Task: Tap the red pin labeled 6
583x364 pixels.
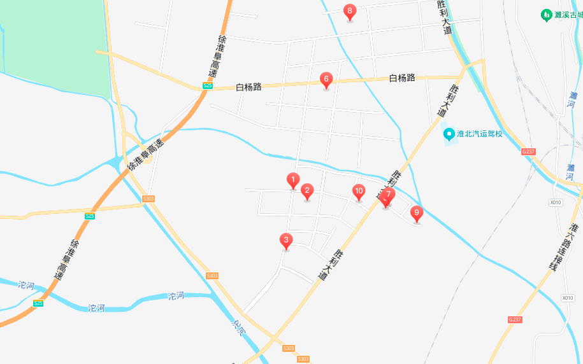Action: (326, 80)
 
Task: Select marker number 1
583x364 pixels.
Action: (293, 180)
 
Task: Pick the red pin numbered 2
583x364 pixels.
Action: (306, 190)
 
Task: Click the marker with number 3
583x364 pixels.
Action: (286, 241)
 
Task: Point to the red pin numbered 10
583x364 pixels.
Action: (359, 191)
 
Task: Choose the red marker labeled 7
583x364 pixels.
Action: (389, 194)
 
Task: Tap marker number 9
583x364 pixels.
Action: (417, 213)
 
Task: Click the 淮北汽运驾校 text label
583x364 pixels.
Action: (480, 134)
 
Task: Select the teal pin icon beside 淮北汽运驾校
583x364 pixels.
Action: (449, 134)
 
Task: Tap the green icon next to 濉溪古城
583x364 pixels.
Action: (545, 14)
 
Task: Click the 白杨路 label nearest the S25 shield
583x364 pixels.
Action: (248, 87)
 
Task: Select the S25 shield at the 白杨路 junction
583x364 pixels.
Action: (207, 86)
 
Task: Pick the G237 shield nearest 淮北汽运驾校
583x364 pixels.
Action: (528, 151)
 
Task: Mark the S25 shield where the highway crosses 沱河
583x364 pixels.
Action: (38, 303)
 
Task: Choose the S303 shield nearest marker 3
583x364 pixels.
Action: (212, 276)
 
